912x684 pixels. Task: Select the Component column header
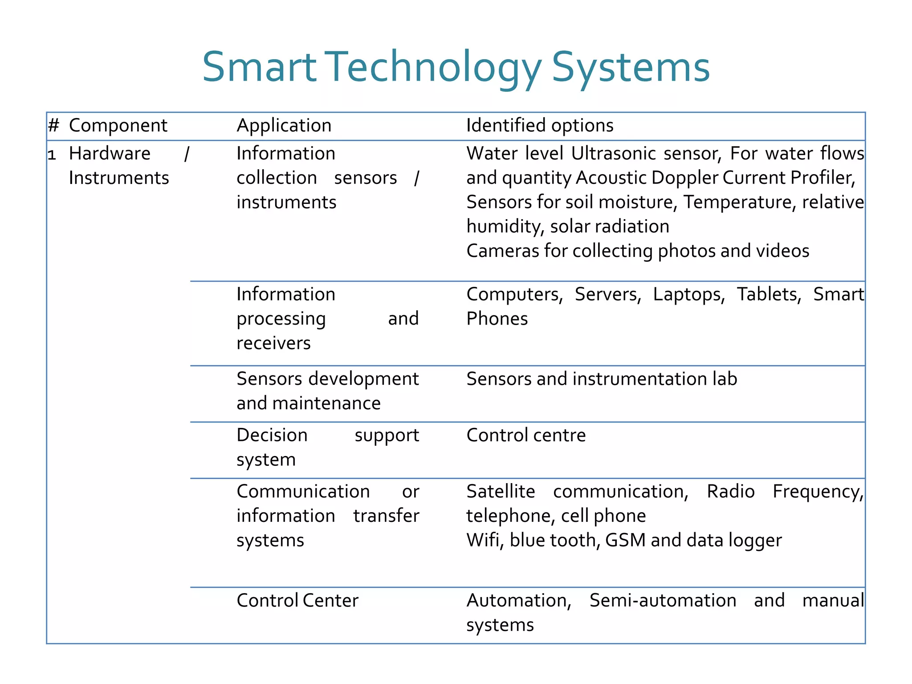tap(118, 126)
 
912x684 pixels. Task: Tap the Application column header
tap(284, 126)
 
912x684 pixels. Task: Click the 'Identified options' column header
tap(539, 126)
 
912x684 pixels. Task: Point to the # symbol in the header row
tap(53, 126)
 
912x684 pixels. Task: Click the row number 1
tap(52, 155)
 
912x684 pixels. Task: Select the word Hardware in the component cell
tap(110, 154)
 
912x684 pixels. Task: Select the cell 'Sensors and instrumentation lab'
tap(601, 379)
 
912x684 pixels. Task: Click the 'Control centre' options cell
tap(525, 436)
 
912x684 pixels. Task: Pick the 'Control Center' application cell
tap(297, 601)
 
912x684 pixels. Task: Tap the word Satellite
tap(501, 492)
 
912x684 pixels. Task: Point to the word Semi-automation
tap(663, 601)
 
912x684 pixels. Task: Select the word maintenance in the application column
tap(326, 403)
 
